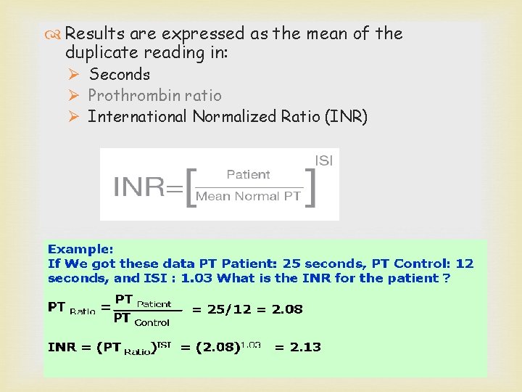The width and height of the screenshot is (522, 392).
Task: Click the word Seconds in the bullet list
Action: coord(119,74)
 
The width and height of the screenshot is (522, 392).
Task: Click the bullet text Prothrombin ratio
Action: coord(154,95)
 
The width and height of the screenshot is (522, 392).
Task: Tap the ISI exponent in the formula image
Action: coord(323,161)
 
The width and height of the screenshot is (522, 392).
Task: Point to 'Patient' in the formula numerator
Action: coord(248,174)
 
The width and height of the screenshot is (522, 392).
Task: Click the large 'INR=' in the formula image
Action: coord(148,187)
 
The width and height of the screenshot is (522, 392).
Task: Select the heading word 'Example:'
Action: coord(80,248)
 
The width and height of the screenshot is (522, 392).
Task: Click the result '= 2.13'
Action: coord(297,347)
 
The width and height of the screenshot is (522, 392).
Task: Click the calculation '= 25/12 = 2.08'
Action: coord(246,309)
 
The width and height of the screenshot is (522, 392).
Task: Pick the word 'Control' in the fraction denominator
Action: coord(152,322)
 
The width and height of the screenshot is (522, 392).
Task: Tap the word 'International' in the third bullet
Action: coord(137,116)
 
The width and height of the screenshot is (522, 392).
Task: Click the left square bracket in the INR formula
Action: coord(191,187)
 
